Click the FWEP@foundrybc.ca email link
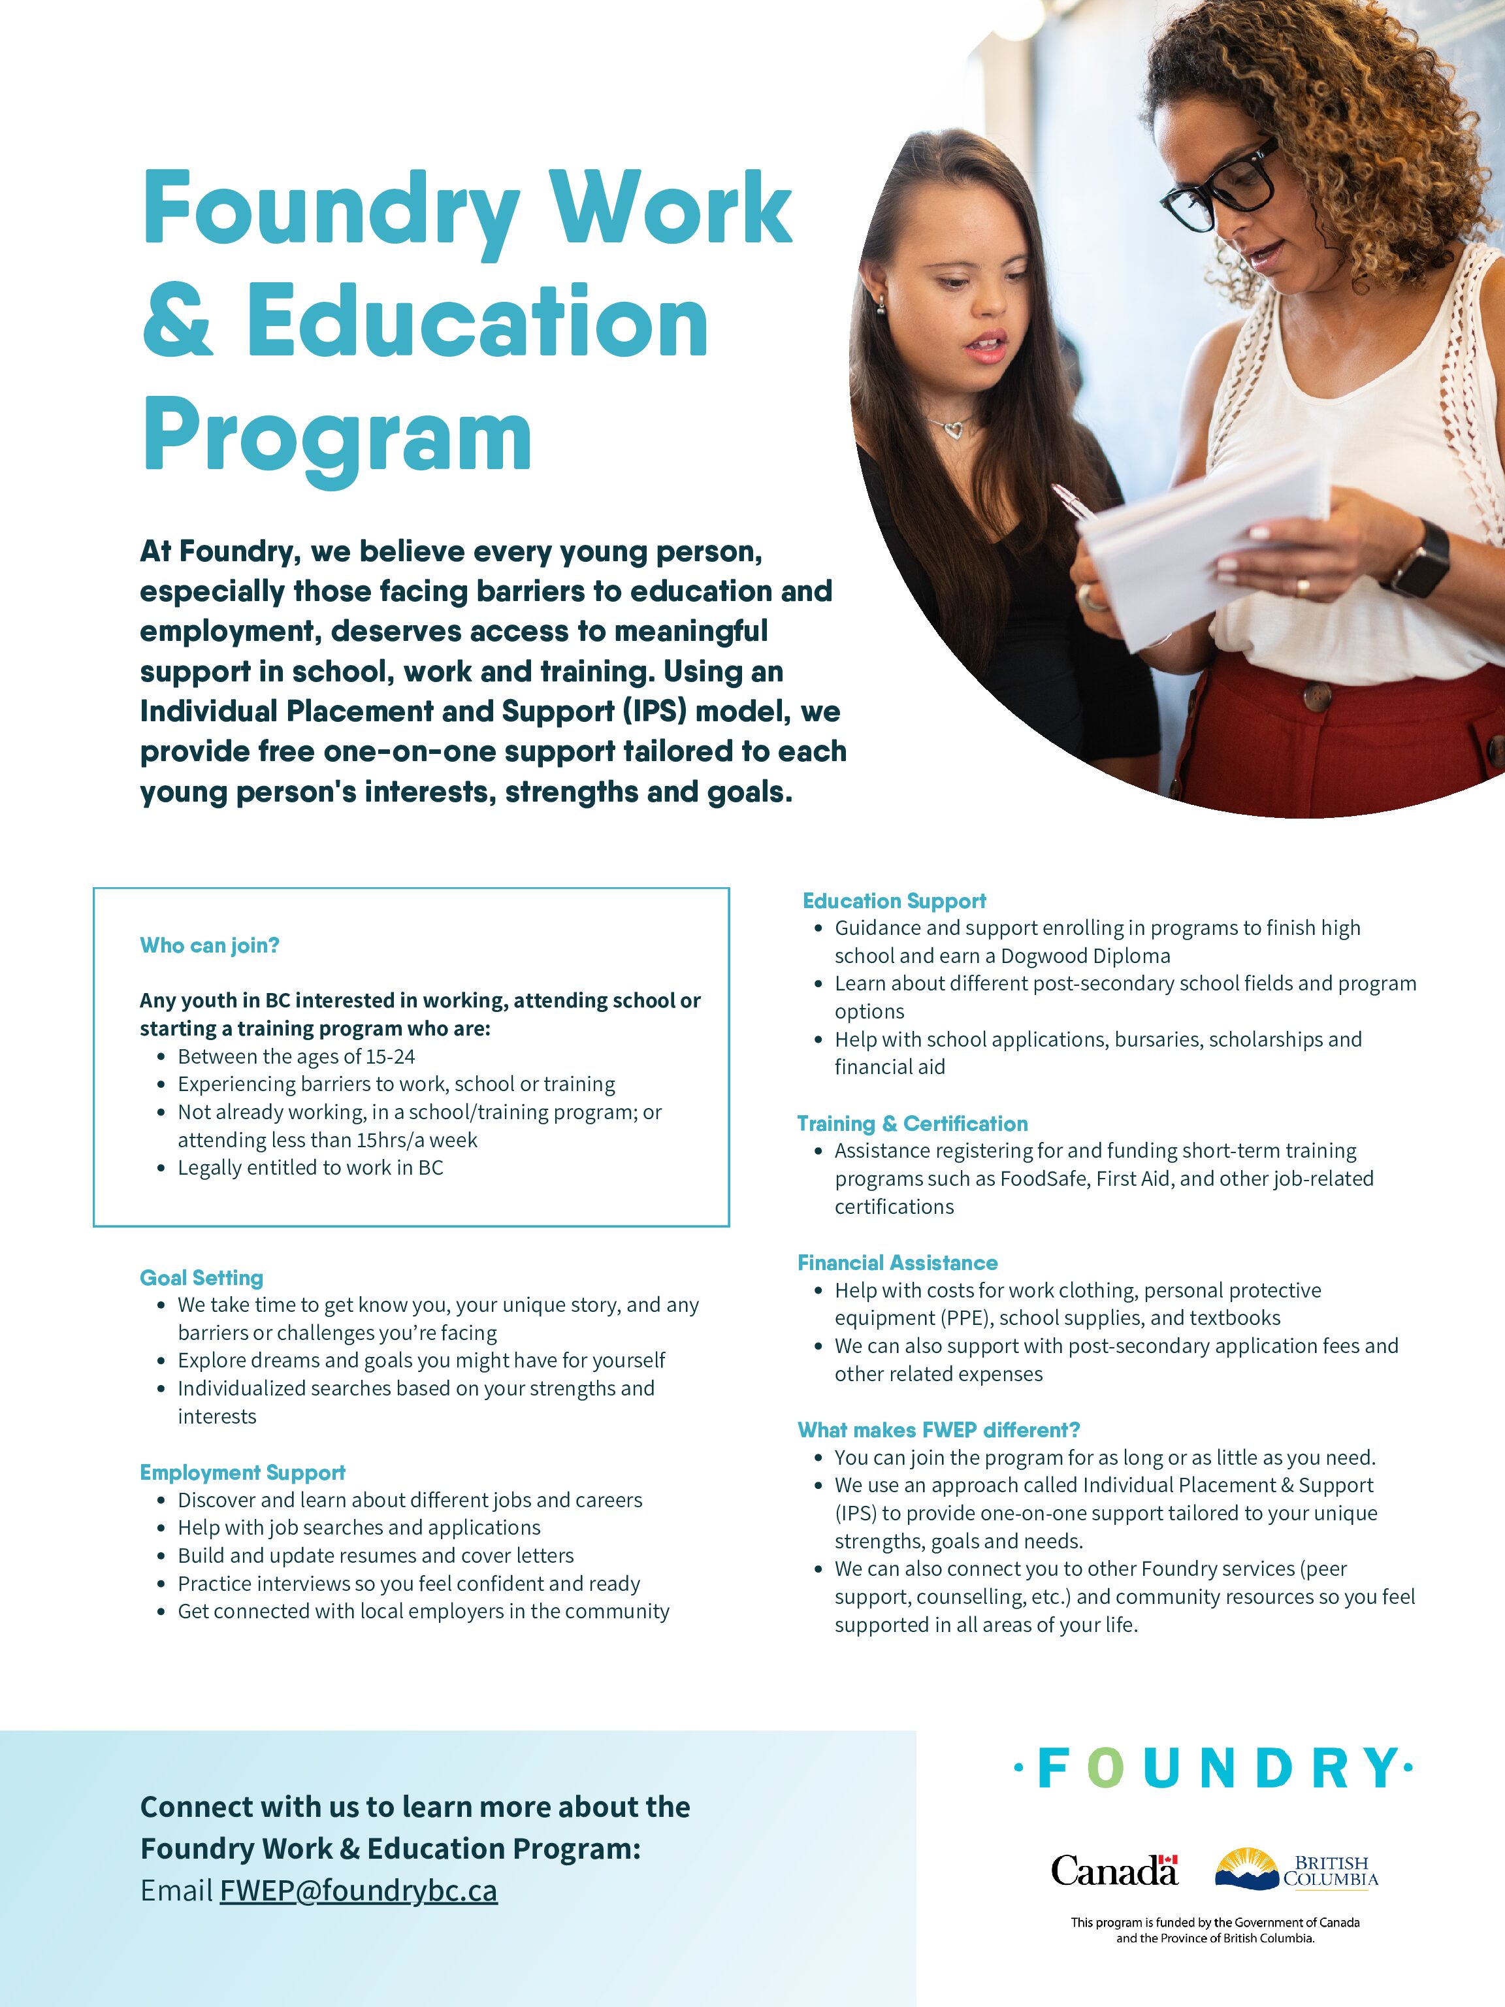tap(359, 1891)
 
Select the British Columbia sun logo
tap(1246, 1868)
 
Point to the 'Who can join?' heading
tap(210, 945)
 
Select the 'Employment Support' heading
tap(242, 1472)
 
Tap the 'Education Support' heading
tap(894, 901)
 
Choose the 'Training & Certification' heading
tap(912, 1123)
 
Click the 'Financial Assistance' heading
tap(898, 1262)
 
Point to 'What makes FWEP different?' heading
tap(938, 1430)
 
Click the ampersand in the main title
tap(178, 322)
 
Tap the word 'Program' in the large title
tap(336, 438)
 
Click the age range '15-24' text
tap(390, 1056)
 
